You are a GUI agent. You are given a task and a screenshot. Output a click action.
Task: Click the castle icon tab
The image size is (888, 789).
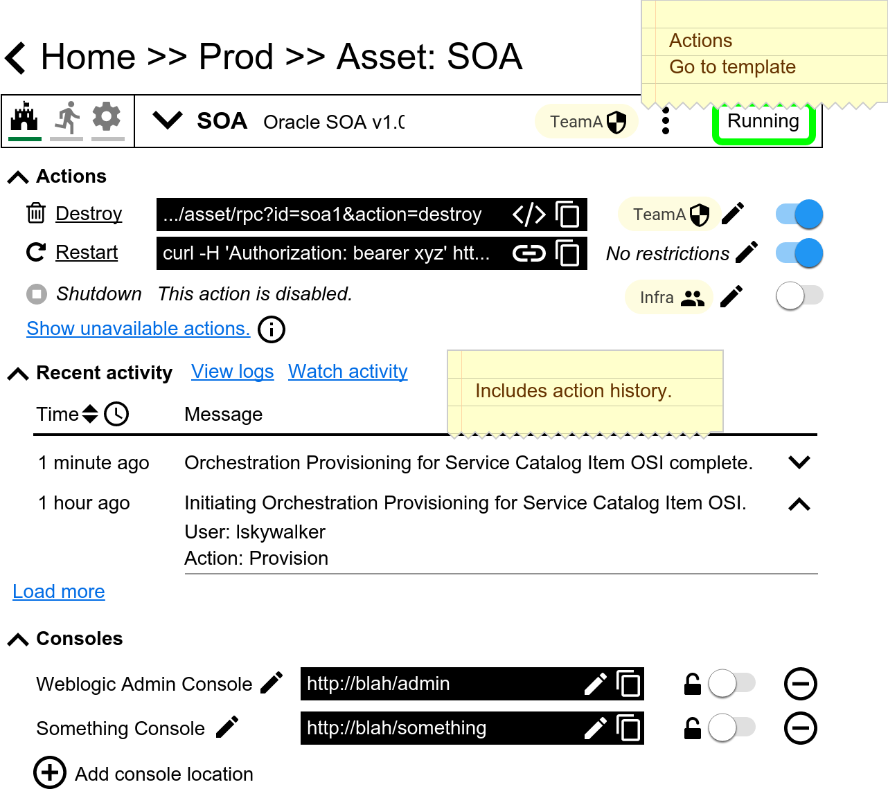pos(24,119)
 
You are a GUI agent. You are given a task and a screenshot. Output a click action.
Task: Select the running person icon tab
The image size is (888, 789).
pos(66,119)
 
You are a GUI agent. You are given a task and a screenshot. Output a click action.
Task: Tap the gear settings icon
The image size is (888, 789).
pos(107,118)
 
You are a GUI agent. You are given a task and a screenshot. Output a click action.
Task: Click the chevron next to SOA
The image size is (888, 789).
pos(167,120)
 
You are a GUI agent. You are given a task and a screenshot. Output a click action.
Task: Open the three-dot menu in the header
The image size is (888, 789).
pos(666,121)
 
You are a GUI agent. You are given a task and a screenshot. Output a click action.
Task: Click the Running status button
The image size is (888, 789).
pos(763,123)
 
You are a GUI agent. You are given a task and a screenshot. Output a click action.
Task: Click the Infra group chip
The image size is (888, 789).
pos(669,298)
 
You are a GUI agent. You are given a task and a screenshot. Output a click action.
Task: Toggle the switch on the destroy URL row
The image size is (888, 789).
pos(799,214)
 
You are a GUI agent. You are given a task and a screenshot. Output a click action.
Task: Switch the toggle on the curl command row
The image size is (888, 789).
pos(799,253)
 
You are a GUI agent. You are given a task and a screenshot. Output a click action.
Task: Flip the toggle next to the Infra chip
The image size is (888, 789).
pos(799,296)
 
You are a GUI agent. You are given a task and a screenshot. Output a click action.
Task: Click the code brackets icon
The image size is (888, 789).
pos(529,215)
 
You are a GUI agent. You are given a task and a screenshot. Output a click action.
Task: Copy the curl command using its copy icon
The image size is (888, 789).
pos(567,253)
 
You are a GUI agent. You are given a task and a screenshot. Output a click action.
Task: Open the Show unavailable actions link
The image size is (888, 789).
pos(139,329)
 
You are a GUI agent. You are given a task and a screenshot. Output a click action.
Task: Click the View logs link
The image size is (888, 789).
pos(233,372)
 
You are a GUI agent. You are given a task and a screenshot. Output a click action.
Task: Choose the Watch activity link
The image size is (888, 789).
pos(348,372)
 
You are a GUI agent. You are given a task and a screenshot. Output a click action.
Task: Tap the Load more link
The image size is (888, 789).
pos(59,592)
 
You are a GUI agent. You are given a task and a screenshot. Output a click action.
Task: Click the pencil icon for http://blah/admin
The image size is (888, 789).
pos(596,684)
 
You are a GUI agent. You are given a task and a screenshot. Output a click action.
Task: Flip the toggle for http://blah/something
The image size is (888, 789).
pos(731,727)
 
